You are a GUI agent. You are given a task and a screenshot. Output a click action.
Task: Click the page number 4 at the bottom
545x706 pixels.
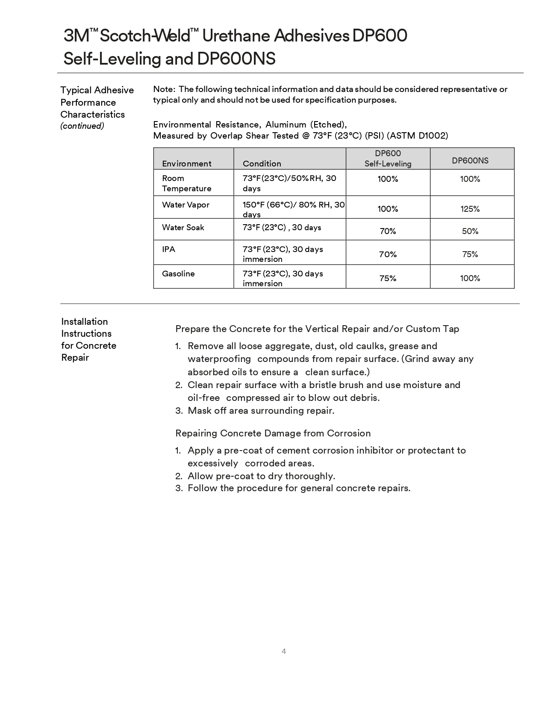tap(284, 651)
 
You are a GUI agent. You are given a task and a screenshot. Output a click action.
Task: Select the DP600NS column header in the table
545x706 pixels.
tap(470, 160)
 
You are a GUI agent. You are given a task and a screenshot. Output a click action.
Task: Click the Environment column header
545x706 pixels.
tap(186, 163)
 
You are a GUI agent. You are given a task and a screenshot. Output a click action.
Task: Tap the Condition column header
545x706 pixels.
tap(262, 163)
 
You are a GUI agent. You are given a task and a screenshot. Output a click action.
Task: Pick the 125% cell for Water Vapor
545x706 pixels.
tap(470, 209)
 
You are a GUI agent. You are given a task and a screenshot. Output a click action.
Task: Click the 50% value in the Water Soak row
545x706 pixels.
tap(470, 231)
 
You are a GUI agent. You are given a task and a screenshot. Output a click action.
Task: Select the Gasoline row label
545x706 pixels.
tap(178, 273)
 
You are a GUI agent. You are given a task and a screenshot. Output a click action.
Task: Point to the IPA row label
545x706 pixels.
tap(168, 249)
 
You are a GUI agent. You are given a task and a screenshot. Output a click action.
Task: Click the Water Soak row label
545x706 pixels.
tap(183, 227)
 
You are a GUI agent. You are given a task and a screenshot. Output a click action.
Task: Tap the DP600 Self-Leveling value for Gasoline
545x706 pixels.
tap(388, 278)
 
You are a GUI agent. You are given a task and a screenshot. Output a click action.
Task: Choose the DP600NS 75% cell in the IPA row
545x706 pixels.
tap(470, 254)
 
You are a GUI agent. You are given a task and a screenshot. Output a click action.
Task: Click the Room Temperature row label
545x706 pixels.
tap(186, 183)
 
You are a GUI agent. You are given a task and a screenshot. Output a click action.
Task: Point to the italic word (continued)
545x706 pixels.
tap(82, 126)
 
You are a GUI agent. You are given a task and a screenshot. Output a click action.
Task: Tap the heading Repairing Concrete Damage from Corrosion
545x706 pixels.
tap(273, 433)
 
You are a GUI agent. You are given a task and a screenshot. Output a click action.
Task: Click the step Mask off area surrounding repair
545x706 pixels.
tap(261, 410)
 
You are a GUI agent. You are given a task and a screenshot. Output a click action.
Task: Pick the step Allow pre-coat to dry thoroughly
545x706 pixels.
tap(261, 476)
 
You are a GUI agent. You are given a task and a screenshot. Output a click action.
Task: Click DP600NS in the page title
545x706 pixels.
tap(236, 59)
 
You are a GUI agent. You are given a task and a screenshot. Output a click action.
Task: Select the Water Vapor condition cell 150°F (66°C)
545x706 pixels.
tap(294, 209)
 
